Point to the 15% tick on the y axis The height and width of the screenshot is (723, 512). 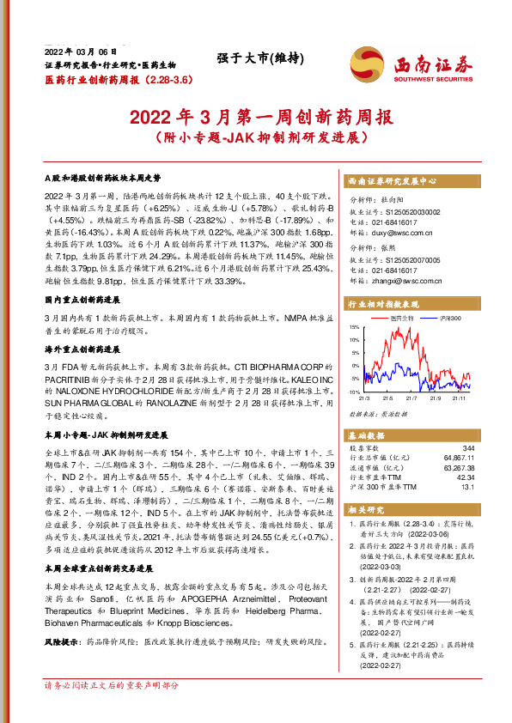[355, 328]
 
